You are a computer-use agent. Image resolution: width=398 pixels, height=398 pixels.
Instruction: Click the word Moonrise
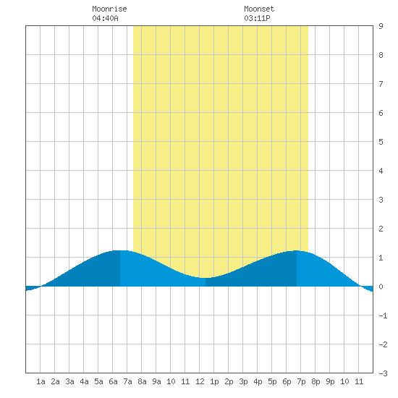tap(109, 9)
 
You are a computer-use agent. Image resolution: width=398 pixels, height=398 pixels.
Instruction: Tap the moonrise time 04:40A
tap(105, 18)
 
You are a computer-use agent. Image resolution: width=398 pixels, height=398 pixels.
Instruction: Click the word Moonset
tap(259, 9)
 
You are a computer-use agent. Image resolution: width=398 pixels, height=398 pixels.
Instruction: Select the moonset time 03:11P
tap(257, 18)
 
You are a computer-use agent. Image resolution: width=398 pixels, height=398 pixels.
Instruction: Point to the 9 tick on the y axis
tap(381, 26)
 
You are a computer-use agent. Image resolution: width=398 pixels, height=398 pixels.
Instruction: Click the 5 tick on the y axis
tap(381, 142)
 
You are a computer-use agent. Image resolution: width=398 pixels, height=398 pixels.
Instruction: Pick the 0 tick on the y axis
tap(381, 287)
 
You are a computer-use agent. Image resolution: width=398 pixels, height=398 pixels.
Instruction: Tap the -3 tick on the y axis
tap(383, 373)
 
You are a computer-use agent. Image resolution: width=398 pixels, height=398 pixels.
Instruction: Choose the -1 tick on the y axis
tap(383, 316)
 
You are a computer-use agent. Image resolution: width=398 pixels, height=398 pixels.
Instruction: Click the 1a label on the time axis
tap(41, 381)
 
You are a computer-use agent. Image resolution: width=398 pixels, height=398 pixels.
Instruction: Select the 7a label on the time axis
tap(127, 381)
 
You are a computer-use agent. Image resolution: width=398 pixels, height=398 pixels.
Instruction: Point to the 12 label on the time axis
tap(200, 381)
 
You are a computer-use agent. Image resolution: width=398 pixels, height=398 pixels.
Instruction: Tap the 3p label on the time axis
tap(243, 381)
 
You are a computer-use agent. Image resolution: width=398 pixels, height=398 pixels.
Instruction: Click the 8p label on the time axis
tap(316, 381)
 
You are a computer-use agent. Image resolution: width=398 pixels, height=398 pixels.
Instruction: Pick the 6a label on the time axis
tap(113, 381)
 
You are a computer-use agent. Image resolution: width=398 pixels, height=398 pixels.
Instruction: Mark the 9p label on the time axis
tap(330, 381)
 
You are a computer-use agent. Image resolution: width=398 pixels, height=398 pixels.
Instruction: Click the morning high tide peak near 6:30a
tap(120, 250)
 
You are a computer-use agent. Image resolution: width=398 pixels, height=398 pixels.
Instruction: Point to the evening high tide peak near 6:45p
tap(297, 250)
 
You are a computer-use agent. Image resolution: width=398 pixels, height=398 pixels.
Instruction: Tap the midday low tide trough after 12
tap(206, 278)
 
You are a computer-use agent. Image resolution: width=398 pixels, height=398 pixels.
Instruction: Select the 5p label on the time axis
tap(272, 381)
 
